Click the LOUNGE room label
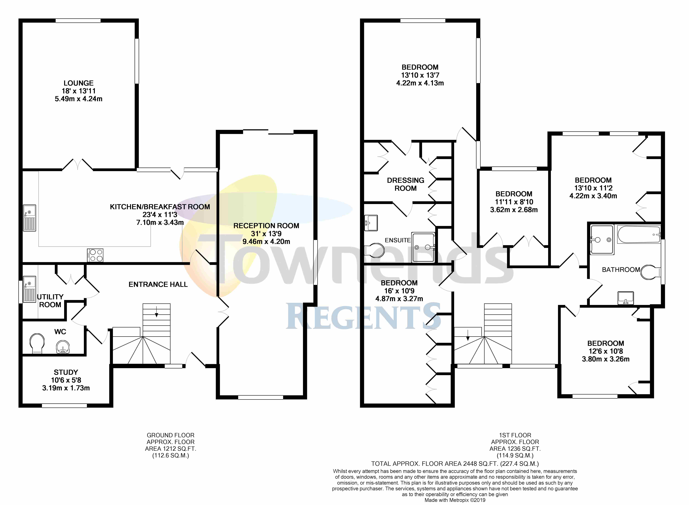coord(79,83)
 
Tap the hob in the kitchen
coord(95,255)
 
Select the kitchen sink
coord(30,218)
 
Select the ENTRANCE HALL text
coord(158,285)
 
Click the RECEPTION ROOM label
coord(266,226)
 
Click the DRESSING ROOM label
coord(405,184)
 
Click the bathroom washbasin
coord(626,298)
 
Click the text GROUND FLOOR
coord(170,435)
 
